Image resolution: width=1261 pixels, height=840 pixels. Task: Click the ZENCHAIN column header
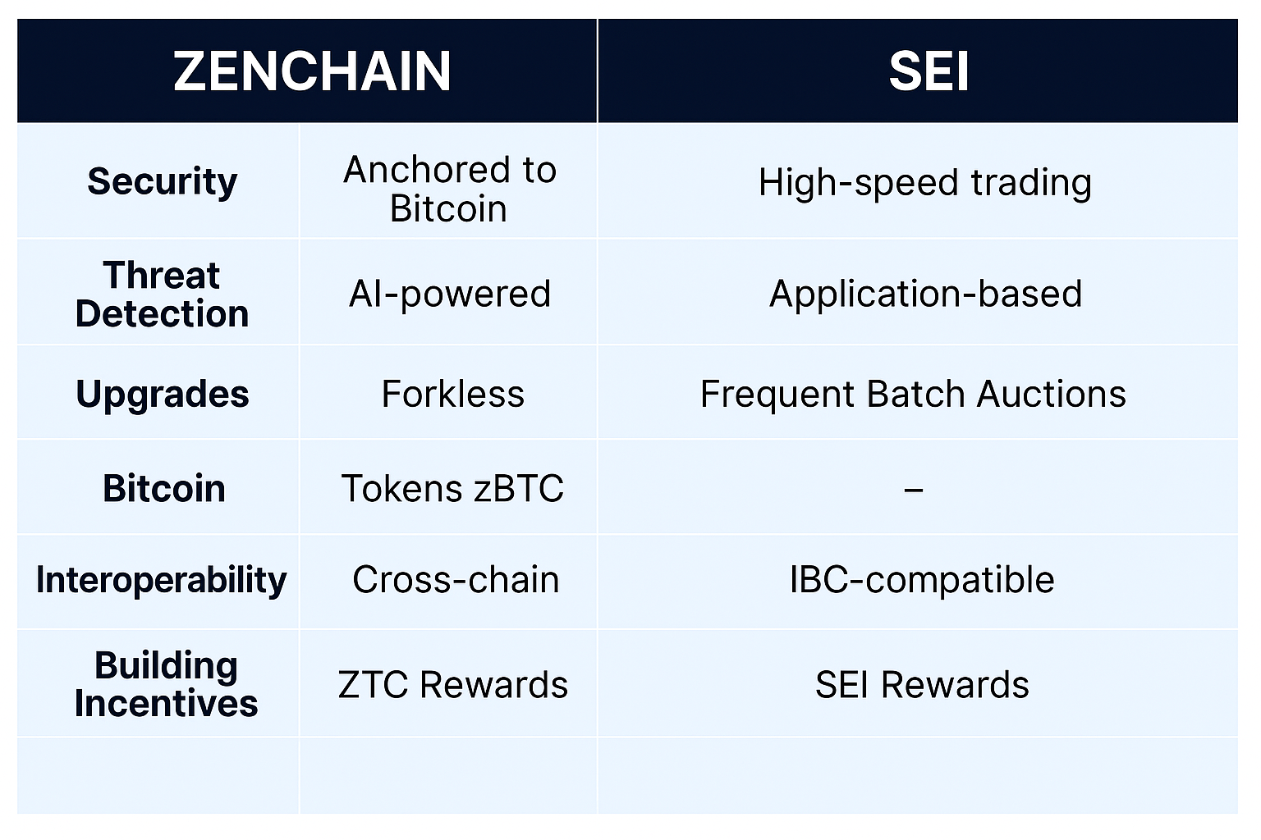[x=312, y=71]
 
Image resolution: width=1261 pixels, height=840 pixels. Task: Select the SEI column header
[x=929, y=71]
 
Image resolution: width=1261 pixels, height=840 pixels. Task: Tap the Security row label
[x=162, y=182]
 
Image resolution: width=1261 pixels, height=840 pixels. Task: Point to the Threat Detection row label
[x=162, y=294]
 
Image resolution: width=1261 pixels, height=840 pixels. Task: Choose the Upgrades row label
[x=162, y=394]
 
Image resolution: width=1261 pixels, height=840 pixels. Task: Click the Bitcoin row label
[x=164, y=487]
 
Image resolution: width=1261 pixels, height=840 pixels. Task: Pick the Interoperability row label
[x=162, y=579]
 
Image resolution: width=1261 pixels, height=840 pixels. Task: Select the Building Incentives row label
[x=166, y=684]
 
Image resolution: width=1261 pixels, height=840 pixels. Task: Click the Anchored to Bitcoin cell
[x=450, y=189]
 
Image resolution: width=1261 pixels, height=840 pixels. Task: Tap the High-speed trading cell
[x=925, y=183]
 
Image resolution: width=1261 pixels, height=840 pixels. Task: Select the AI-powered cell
[x=450, y=294]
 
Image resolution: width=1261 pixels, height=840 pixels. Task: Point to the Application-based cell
[x=925, y=294]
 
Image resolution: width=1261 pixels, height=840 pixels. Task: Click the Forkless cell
[x=452, y=393]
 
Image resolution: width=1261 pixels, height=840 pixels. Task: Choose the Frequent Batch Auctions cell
[x=913, y=394]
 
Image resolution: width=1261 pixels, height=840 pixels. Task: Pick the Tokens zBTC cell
[x=452, y=487]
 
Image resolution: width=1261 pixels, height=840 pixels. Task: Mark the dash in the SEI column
[x=913, y=490]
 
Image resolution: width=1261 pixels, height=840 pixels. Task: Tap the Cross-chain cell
[x=456, y=579]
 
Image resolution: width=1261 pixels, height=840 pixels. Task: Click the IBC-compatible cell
[x=922, y=579]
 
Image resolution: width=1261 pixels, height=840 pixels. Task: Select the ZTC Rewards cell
[x=452, y=685]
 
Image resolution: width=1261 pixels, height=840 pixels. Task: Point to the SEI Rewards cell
[x=922, y=685]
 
